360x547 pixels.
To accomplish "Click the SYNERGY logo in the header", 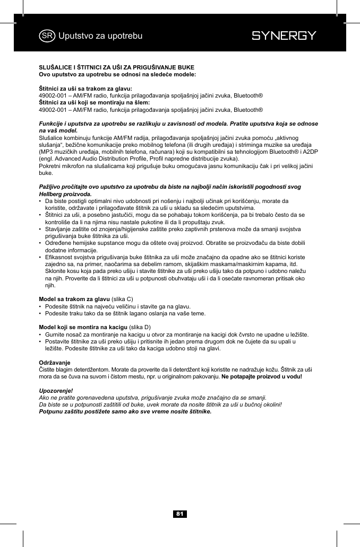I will pos(284,36).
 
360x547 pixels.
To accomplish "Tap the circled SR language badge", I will pos(47,36).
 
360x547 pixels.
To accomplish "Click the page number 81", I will pos(180,514).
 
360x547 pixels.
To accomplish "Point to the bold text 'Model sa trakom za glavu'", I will pos(71,299).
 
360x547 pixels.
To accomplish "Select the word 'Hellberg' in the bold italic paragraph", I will pos(51,194).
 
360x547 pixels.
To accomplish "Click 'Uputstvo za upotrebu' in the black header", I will pos(100,36).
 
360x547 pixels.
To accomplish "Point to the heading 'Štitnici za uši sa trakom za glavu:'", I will pos(85,88).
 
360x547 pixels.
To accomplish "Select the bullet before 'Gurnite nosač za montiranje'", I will pos(41,335).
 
